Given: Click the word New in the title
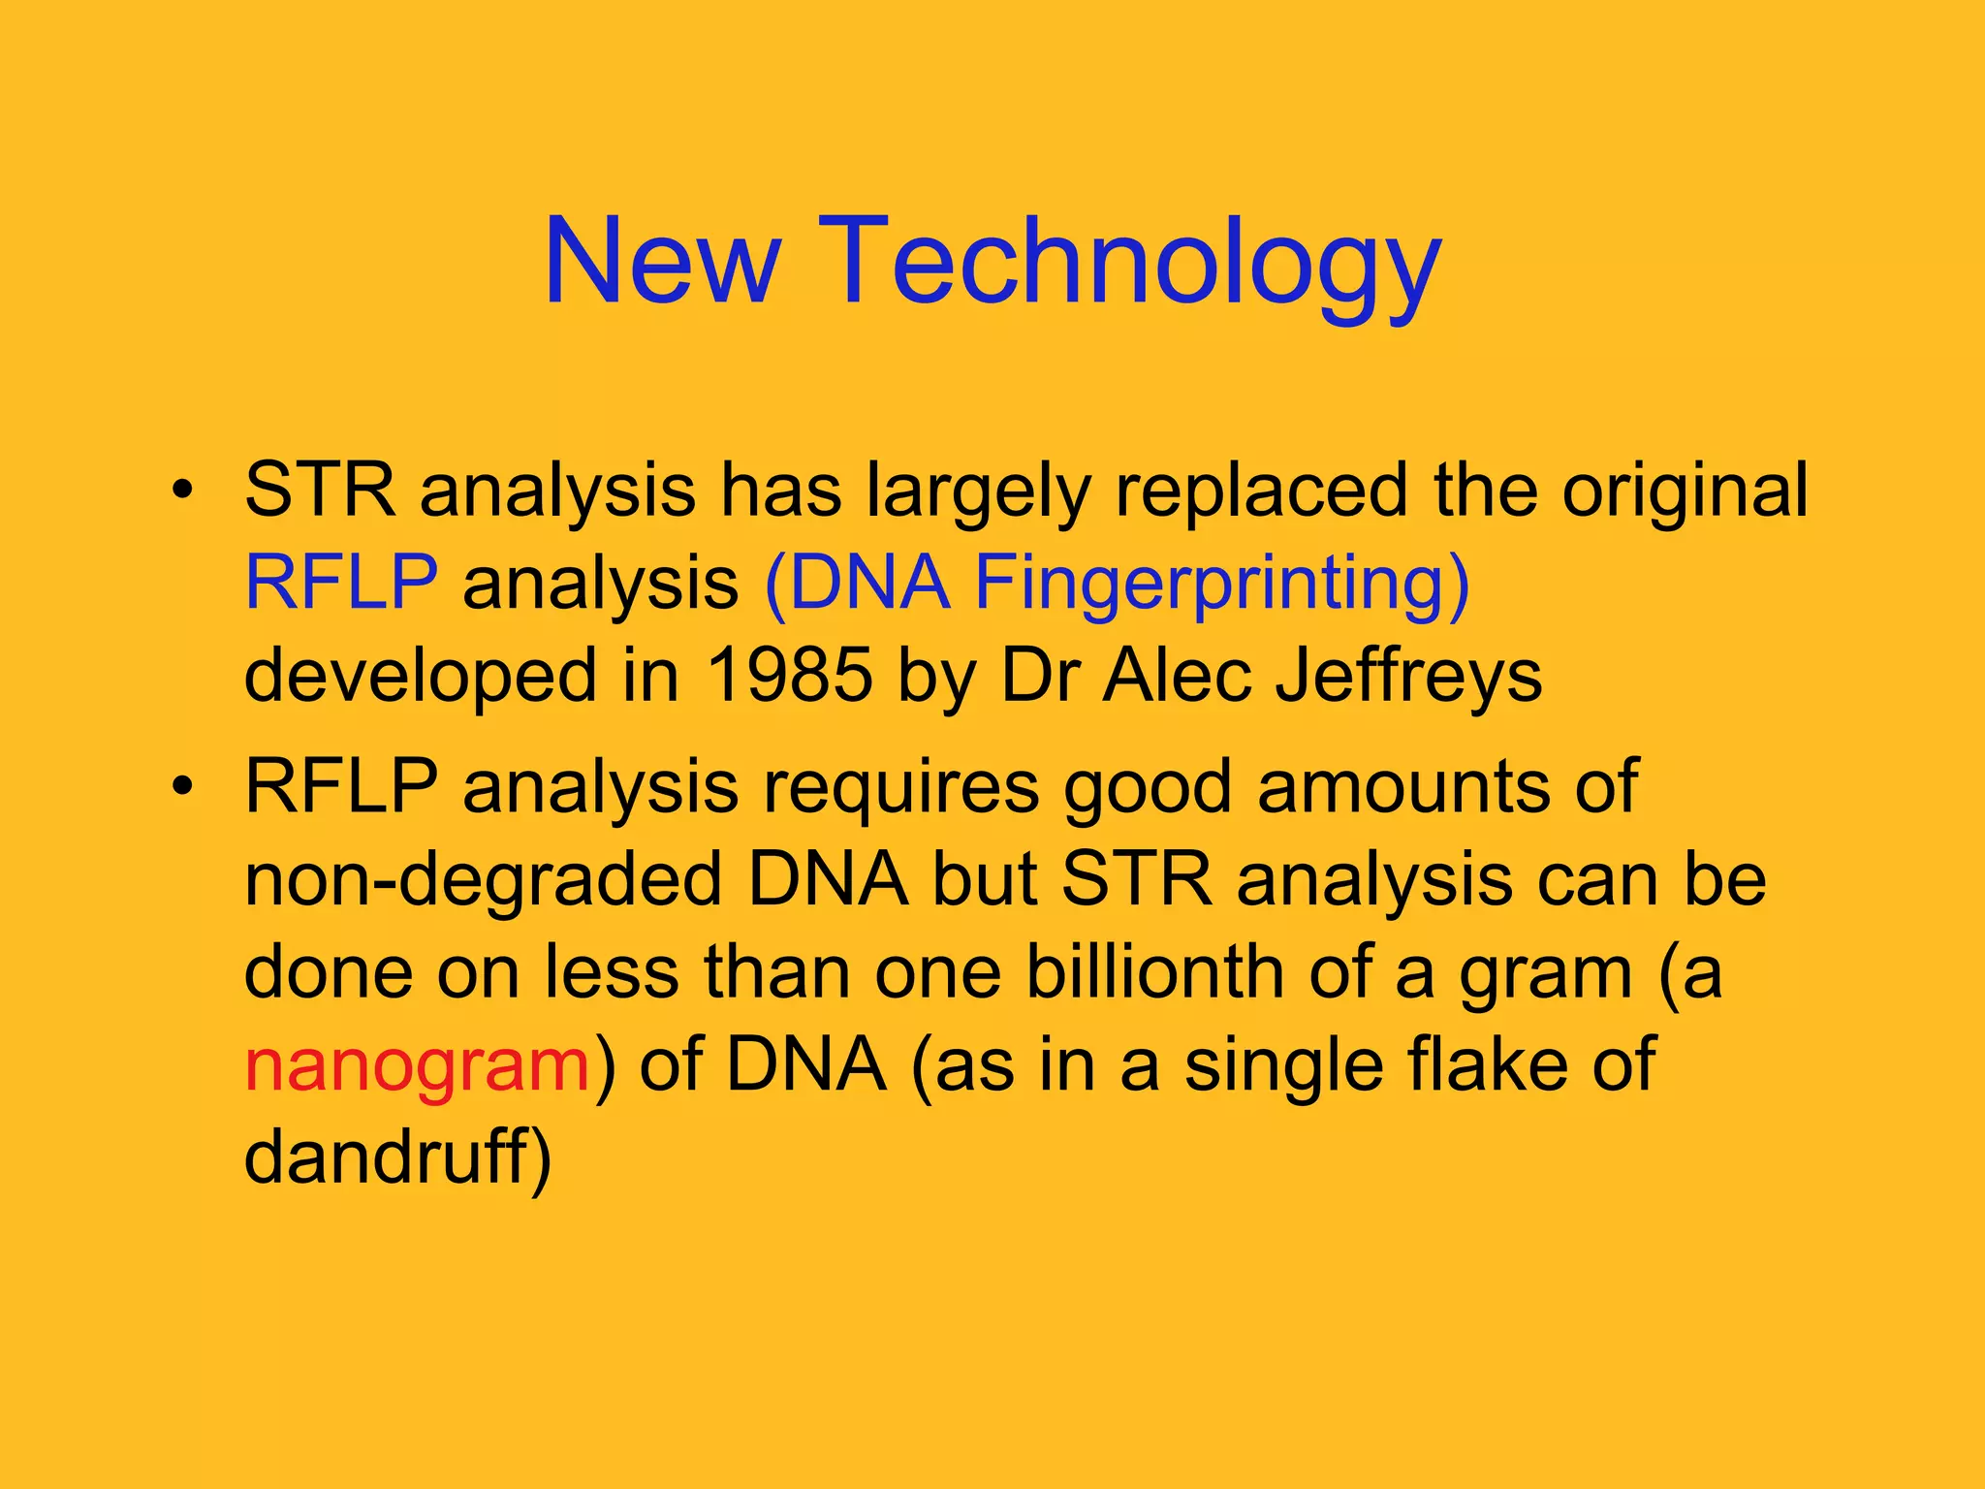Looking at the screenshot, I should coord(662,262).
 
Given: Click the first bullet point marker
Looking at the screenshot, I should coord(180,491).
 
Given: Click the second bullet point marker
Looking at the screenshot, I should coord(180,786).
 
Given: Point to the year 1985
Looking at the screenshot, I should coord(790,676).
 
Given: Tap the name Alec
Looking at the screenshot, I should coord(1177,676).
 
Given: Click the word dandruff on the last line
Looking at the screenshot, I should coord(397,1156).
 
